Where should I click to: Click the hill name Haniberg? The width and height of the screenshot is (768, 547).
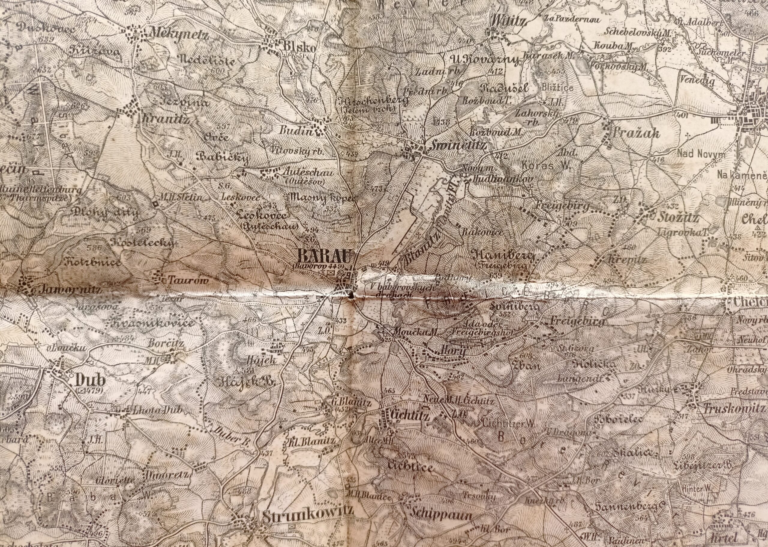(x=505, y=257)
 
